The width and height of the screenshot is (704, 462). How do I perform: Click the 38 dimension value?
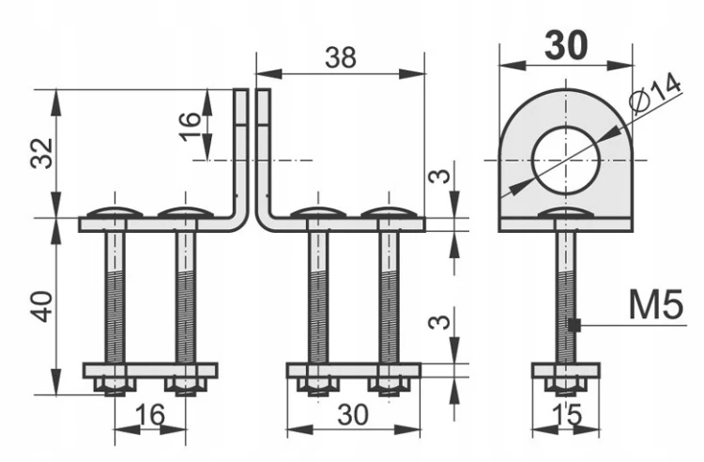pos(341,57)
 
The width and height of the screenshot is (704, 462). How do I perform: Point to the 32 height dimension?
pos(42,153)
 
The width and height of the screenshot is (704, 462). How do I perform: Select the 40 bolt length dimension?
pos(42,307)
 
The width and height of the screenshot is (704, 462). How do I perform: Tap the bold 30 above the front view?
pos(566,45)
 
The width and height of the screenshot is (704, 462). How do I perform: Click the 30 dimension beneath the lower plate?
pos(353,414)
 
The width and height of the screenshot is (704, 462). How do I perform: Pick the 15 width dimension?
pos(566,414)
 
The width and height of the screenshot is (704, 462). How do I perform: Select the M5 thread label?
pos(656,305)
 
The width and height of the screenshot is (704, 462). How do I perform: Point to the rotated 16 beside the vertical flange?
pos(191,126)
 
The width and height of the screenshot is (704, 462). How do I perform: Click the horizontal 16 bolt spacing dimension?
pos(150,414)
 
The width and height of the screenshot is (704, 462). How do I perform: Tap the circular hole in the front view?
pos(566,161)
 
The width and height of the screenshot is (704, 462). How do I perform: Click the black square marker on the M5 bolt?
pos(574,325)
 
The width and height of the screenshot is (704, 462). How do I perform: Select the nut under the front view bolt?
pos(566,387)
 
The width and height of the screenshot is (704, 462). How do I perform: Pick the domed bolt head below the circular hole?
pos(566,213)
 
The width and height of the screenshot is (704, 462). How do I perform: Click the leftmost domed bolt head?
pos(115,213)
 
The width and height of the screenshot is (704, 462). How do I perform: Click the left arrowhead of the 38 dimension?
pos(268,73)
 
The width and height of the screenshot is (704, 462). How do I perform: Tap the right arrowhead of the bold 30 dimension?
pos(620,66)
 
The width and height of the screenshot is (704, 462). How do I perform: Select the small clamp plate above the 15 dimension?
pos(566,370)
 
